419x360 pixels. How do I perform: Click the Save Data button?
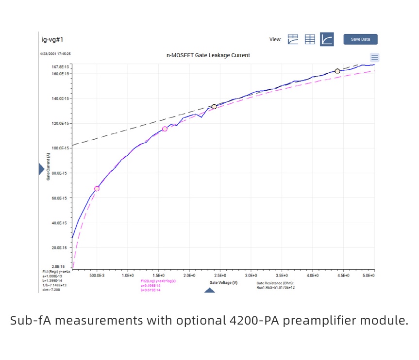point(360,39)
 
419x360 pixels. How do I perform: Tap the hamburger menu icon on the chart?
point(374,57)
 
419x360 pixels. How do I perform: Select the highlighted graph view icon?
point(327,39)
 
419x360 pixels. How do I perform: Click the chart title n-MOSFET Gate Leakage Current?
point(208,55)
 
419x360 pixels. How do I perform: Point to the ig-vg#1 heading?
point(52,39)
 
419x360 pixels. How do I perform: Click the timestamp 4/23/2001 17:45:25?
point(56,54)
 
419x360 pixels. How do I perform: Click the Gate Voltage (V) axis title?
point(223,282)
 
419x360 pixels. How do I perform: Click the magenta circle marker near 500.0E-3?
point(97,188)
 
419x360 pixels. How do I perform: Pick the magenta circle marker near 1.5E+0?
point(165,129)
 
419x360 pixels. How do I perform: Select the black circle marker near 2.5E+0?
point(214,106)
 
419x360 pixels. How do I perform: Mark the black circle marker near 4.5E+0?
point(337,71)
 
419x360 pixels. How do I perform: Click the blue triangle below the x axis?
point(209,290)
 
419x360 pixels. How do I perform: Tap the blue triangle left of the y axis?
point(41,169)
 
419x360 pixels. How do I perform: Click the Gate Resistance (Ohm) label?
point(275,282)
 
